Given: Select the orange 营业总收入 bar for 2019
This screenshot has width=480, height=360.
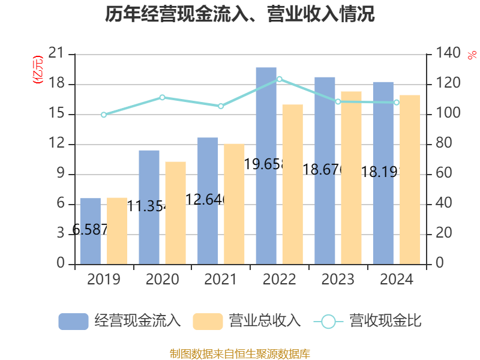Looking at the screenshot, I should (x=117, y=230).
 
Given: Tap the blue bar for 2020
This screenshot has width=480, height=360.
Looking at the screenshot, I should (x=149, y=207).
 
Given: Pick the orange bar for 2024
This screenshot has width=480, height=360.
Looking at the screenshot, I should (x=410, y=179).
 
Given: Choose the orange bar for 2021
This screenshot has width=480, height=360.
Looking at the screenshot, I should (x=234, y=204).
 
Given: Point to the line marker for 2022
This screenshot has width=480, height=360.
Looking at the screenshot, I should (x=279, y=79).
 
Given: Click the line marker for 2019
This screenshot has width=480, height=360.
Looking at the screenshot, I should (x=104, y=115).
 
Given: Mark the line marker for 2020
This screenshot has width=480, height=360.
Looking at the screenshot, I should (x=162, y=97).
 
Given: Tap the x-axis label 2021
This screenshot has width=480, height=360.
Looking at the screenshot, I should (x=221, y=280).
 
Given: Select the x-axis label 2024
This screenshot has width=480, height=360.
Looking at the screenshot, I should (x=397, y=280).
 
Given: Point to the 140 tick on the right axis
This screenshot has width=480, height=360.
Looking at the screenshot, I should (x=446, y=54).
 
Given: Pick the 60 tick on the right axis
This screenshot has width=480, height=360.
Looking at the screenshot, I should (x=443, y=174).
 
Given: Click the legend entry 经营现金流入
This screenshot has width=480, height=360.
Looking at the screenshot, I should (x=120, y=321).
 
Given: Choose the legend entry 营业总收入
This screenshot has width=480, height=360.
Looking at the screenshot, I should (x=247, y=321).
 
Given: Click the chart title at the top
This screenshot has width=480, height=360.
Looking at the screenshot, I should (x=240, y=14).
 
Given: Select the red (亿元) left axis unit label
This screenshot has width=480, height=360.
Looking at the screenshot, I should (x=38, y=70).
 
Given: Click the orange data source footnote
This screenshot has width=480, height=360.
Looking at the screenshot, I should (x=240, y=353).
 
